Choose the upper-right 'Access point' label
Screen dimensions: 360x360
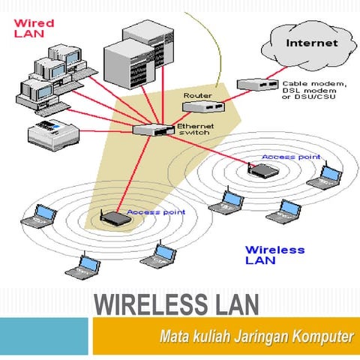click(290, 157)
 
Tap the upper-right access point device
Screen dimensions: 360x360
click(263, 171)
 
